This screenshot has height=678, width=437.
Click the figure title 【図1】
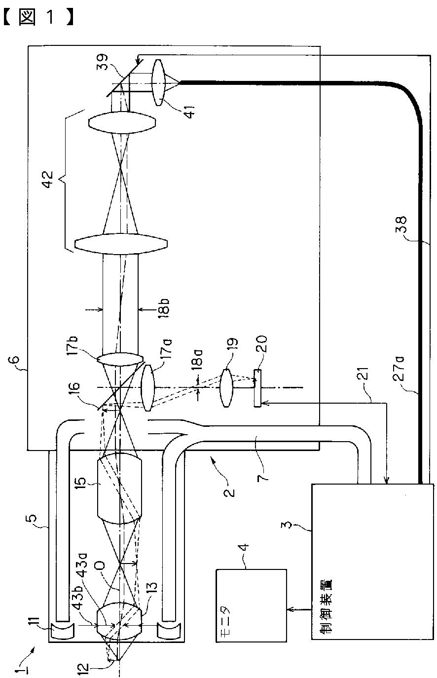(38, 17)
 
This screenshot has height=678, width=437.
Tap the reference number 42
(47, 179)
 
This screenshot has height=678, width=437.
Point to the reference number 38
(401, 225)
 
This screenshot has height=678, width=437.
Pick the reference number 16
(75, 390)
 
